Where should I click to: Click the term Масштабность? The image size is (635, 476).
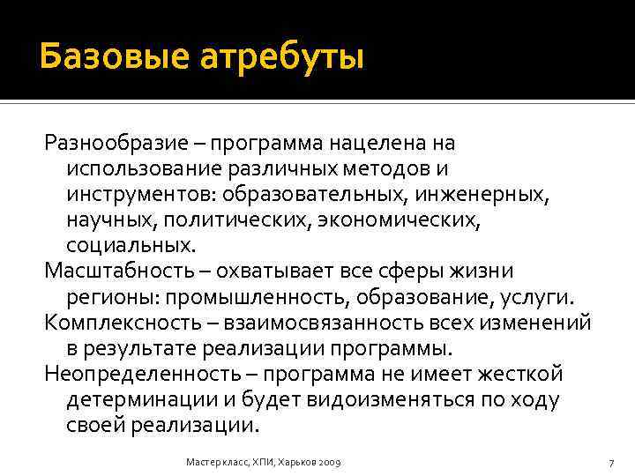(x=116, y=271)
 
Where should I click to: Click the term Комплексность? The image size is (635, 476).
(x=117, y=322)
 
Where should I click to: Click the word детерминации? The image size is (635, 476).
(x=139, y=398)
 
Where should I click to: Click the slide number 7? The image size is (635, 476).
(x=610, y=463)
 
